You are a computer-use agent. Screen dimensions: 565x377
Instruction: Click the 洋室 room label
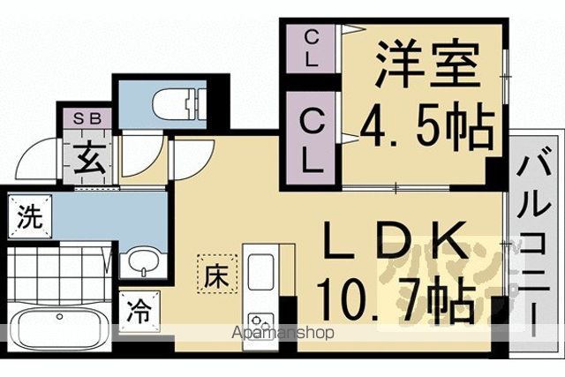click(428, 64)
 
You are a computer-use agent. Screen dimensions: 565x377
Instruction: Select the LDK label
click(394, 240)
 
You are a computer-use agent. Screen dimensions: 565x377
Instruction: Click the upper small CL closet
click(312, 49)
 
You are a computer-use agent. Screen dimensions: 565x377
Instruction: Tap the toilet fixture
click(179, 103)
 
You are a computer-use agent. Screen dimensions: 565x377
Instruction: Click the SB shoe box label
click(87, 118)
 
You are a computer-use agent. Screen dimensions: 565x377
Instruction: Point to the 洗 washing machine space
click(30, 216)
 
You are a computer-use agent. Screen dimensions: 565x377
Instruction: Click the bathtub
click(59, 328)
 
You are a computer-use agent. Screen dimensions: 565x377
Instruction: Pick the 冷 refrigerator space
click(139, 312)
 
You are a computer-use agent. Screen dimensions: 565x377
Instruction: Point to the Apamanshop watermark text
click(282, 332)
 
